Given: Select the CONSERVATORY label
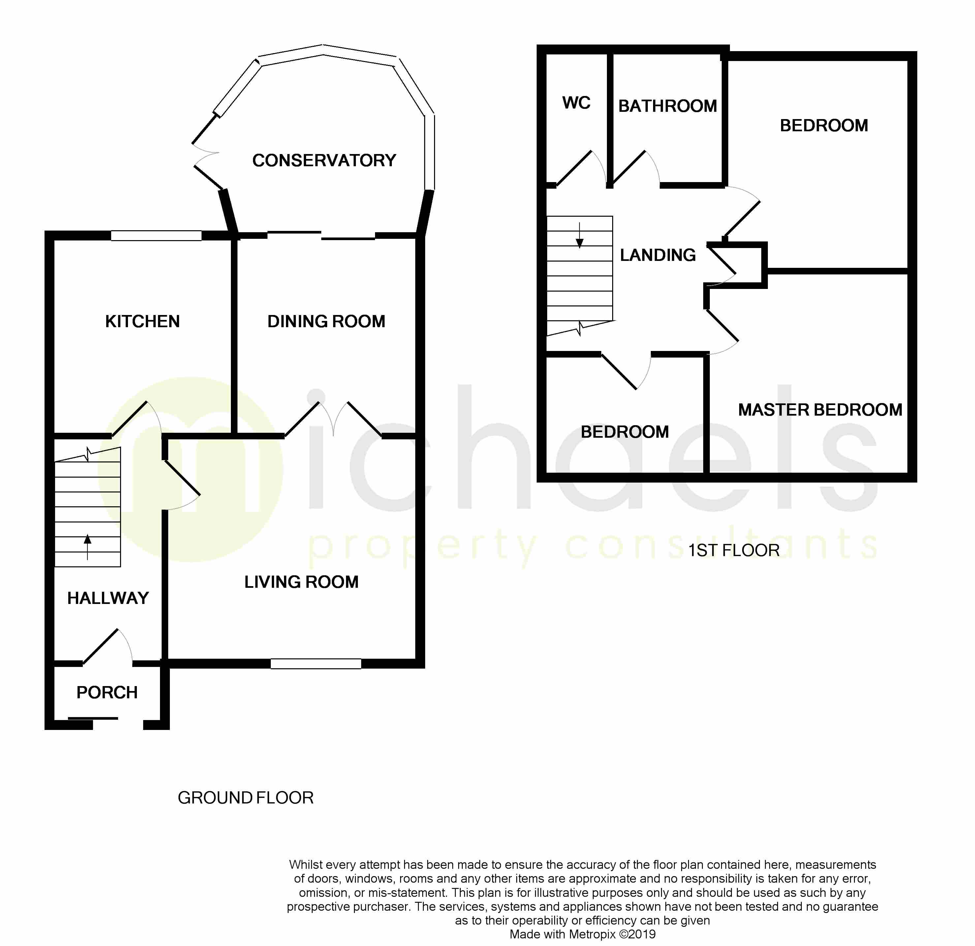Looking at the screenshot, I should pos(324,160).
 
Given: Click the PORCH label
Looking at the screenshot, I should pos(107,692).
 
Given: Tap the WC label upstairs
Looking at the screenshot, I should pos(576,103).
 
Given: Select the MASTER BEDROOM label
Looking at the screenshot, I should pos(820,410).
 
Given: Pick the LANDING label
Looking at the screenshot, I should pos(658,255).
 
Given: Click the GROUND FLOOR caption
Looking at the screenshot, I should pos(245,798).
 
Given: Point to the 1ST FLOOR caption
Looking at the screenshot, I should pos(734,551).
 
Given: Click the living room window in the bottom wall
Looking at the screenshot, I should pos(316,664).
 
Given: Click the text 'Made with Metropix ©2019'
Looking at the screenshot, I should pos(582,934).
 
